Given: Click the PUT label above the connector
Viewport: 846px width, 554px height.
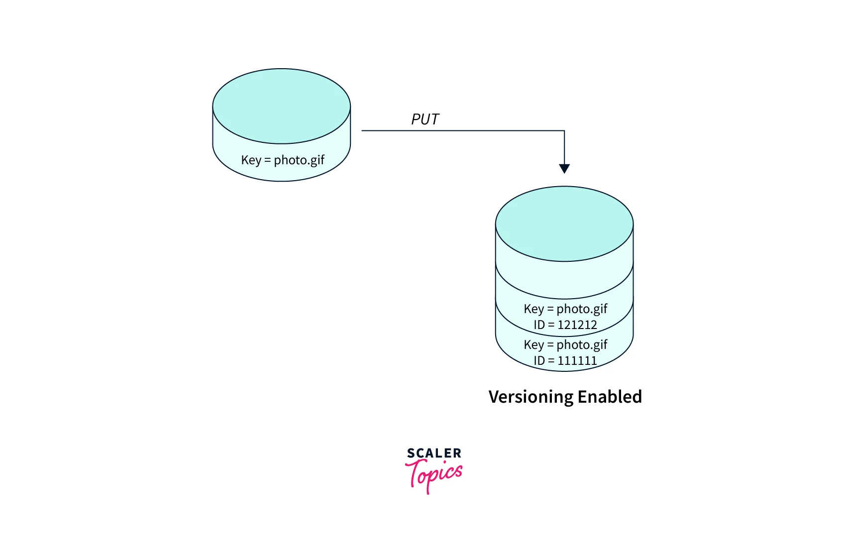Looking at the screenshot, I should tap(425, 119).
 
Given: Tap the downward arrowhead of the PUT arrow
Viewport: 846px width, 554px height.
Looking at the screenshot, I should tap(564, 168).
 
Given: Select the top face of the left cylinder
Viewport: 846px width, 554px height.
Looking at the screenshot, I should tap(282, 106).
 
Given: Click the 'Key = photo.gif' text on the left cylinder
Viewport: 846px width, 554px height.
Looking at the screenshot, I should tap(282, 160).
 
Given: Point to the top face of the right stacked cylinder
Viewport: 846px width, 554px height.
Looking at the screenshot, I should tap(564, 223).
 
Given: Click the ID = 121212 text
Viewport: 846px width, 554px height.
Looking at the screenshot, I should tap(565, 325).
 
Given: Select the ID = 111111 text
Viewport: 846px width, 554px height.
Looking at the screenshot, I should tap(565, 360).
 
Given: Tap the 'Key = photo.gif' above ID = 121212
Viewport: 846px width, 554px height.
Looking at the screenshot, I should tap(565, 309).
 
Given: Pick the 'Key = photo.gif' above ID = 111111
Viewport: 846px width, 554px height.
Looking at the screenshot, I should tap(565, 344).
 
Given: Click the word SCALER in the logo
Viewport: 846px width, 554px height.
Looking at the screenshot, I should tap(434, 453).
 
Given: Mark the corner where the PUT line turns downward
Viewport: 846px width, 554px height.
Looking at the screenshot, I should tap(564, 131).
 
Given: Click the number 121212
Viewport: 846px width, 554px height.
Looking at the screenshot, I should tap(577, 325).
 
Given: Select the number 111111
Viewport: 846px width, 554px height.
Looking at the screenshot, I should tap(577, 360).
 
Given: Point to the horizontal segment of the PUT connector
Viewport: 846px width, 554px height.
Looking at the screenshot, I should tap(463, 131).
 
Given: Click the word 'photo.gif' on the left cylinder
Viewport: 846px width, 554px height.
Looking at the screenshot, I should tap(299, 160).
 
